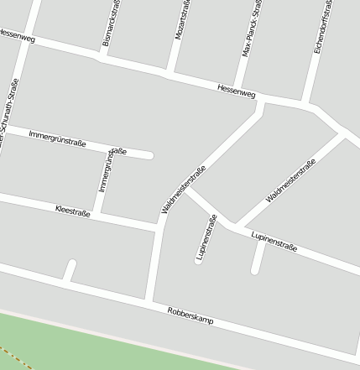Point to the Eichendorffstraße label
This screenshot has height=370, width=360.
click(x=322, y=27)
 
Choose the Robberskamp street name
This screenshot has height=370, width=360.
click(x=190, y=315)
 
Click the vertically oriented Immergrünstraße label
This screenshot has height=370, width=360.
click(x=107, y=171)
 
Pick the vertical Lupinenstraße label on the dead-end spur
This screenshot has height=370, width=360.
click(x=206, y=238)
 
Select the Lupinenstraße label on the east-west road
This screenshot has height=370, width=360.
click(x=274, y=242)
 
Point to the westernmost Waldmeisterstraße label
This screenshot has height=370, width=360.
click(x=184, y=191)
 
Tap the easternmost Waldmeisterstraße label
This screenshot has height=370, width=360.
click(x=290, y=181)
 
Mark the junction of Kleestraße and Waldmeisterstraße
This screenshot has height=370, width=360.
click(x=157, y=228)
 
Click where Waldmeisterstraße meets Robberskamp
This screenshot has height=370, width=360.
click(x=149, y=300)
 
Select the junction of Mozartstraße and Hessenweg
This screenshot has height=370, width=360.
click(x=170, y=73)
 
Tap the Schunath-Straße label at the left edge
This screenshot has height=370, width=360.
click(x=9, y=117)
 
